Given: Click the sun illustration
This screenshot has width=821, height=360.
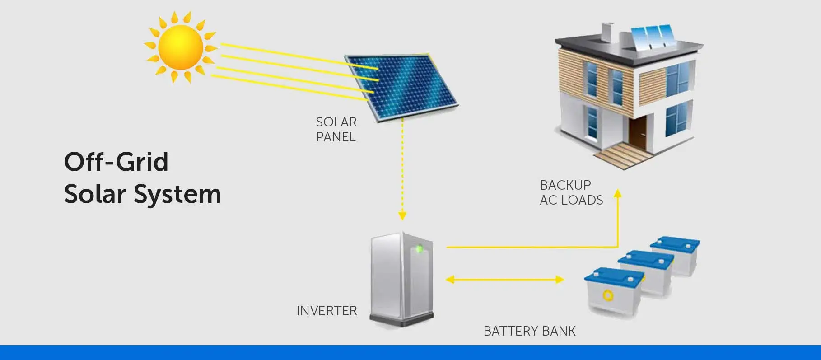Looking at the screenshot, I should [x=180, y=47].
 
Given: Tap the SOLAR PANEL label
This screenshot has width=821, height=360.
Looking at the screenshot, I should [x=336, y=129].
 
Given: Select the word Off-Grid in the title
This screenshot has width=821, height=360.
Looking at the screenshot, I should [x=116, y=162].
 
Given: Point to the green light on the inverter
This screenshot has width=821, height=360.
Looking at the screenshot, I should [x=419, y=248].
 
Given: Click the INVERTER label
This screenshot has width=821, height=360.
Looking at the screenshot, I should [x=327, y=311].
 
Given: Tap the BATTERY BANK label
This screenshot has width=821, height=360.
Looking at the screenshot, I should [x=529, y=331].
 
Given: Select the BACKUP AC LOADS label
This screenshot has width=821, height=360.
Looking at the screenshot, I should [x=571, y=192].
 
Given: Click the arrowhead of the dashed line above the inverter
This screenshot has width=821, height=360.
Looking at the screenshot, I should [x=402, y=215].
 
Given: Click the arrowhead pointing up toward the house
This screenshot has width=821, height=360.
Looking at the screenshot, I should [x=618, y=193].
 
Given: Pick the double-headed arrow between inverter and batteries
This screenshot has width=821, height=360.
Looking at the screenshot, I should [x=504, y=280].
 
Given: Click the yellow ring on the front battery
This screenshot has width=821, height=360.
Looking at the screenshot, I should [x=608, y=295].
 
